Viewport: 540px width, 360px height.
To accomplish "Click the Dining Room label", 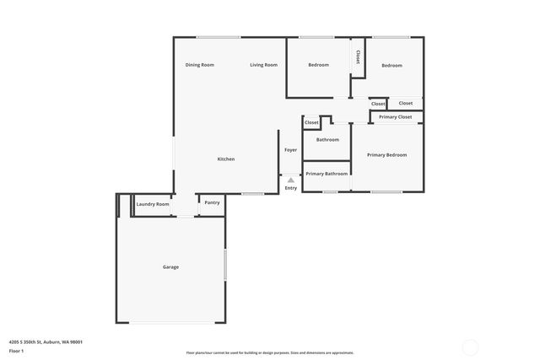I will click(200, 65).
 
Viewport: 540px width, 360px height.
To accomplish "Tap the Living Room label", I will click(263, 65).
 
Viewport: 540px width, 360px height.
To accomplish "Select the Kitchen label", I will click(226, 159).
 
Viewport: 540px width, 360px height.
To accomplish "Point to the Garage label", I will click(170, 267).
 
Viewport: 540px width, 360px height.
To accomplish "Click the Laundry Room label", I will click(153, 203).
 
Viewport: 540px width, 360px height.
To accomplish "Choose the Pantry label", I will click(212, 202).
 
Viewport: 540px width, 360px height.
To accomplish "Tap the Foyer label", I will click(290, 150).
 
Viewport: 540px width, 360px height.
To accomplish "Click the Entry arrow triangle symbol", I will click(290, 180).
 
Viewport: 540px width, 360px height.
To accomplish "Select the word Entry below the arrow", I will click(290, 188).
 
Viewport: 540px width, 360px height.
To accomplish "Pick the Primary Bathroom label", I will click(327, 174).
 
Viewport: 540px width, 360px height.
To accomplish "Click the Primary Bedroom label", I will click(386, 155).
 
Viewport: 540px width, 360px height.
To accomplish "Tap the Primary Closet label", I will click(395, 116).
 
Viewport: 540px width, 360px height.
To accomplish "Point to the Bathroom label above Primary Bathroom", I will click(327, 139).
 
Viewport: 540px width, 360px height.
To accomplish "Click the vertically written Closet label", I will click(358, 56).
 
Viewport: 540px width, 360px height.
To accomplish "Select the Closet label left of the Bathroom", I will click(311, 122).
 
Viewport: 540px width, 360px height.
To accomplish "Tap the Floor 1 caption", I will click(17, 351).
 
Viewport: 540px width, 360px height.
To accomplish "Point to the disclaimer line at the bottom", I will click(270, 352).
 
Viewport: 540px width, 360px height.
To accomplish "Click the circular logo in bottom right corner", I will click(470, 346).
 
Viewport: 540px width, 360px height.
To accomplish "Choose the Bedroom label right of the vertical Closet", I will click(391, 65).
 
